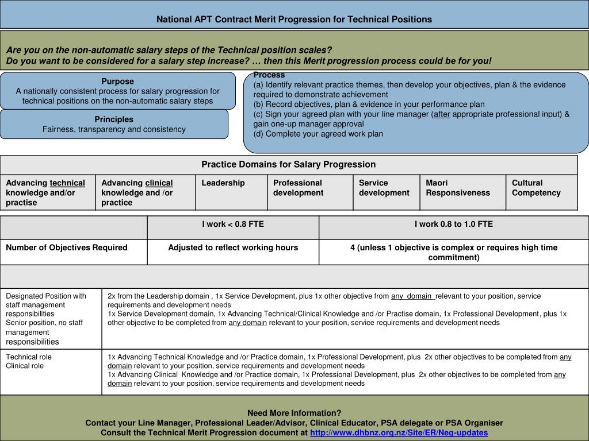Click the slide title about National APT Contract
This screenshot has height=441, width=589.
tap(294, 19)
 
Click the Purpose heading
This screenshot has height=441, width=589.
tap(117, 82)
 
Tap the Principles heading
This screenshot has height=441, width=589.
tap(114, 119)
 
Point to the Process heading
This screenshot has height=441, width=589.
tap(269, 75)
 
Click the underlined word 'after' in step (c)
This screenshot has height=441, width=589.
tap(442, 114)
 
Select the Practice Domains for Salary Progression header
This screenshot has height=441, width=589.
tap(288, 164)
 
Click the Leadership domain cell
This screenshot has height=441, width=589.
tap(223, 183)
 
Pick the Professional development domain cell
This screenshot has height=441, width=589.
tap(298, 188)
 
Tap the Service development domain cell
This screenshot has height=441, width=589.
tap(384, 188)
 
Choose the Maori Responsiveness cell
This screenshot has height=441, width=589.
tap(458, 188)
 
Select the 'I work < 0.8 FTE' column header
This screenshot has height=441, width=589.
tap(233, 224)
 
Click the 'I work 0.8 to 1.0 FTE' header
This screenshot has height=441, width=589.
tap(454, 224)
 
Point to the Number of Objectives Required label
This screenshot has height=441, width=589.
tap(67, 247)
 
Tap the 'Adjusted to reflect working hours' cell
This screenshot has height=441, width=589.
tap(233, 247)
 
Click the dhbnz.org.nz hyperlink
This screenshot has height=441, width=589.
tap(399, 432)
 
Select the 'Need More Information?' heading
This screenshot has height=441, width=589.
tap(294, 413)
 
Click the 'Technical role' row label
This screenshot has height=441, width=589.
tap(29, 357)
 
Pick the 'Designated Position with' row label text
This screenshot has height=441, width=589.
tap(46, 296)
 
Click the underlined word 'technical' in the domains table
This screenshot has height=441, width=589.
tap(67, 183)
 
